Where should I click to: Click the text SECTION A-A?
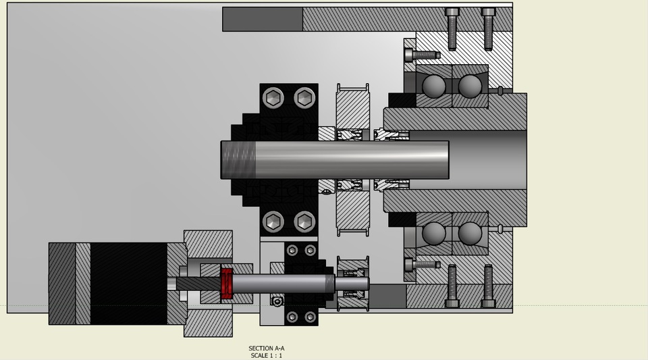266,349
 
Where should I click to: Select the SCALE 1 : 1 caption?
266,356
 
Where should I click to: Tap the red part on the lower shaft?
227,284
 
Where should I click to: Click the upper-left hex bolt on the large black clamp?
273,99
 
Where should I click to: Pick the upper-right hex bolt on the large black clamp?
304,99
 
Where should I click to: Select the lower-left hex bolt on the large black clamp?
273,221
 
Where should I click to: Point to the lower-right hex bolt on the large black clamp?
304,221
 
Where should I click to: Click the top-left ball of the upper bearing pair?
434,86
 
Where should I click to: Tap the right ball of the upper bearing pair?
470,86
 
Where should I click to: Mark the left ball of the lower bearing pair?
434,234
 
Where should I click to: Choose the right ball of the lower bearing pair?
470,234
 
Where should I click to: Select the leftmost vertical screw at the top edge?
452,28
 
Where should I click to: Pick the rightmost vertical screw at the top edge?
488,28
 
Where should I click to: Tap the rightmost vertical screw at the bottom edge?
488,286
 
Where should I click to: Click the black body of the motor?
128,284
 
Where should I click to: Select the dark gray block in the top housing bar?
263,19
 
